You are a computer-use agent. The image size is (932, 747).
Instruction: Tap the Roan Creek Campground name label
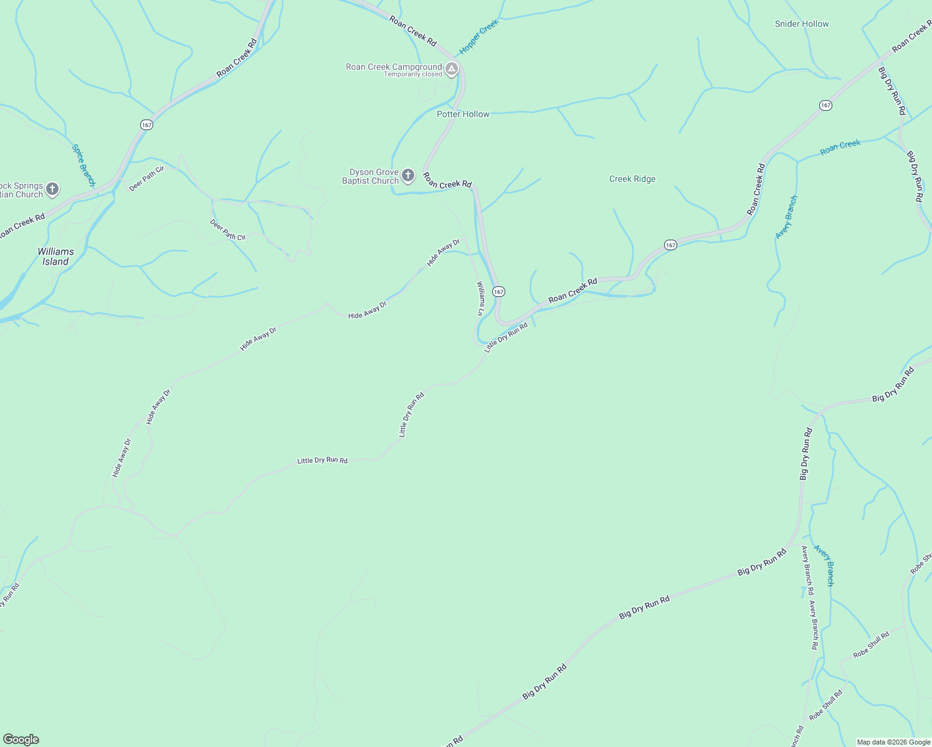point(394,67)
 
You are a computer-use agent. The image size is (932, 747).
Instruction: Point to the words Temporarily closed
point(413,75)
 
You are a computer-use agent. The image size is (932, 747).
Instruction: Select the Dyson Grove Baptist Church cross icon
point(408,176)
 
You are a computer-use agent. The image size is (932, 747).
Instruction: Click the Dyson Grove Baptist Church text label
point(371,177)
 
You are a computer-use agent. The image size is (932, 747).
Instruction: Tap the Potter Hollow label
point(463,114)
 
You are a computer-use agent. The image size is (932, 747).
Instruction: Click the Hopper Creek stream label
point(479,37)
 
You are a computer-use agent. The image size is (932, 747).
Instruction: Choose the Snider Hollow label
point(802,24)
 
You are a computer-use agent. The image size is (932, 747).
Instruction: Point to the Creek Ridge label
point(632,179)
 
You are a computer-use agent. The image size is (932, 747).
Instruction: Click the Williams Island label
point(55,256)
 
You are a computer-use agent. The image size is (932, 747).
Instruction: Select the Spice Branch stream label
point(83,166)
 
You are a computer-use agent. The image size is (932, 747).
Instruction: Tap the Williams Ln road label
point(480,299)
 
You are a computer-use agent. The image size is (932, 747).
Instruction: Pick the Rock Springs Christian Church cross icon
point(52,189)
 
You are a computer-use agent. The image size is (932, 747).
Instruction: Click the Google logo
point(21,740)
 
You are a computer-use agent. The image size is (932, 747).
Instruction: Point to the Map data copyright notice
point(893,742)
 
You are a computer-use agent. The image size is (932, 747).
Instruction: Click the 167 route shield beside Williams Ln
point(498,291)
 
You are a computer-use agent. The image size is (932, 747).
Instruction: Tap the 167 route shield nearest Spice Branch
point(146,125)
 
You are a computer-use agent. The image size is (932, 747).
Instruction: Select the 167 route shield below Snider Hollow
point(825,105)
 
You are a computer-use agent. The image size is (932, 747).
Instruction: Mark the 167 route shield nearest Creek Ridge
point(670,245)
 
